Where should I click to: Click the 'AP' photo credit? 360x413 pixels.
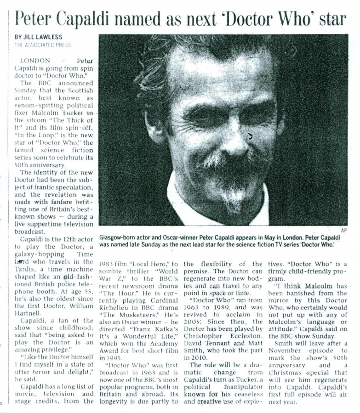click(x=344, y=230)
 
